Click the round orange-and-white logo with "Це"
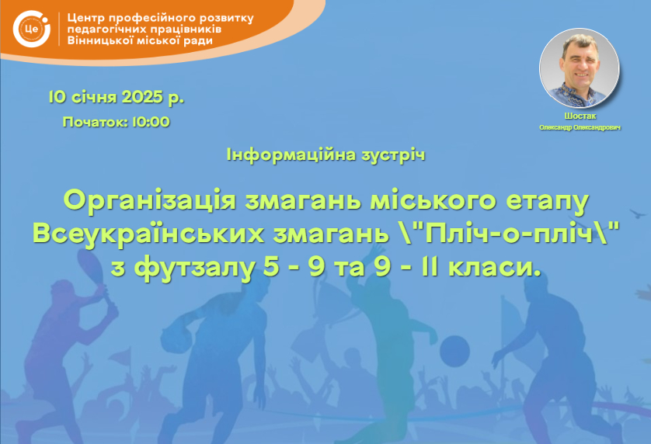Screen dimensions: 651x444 [32, 29]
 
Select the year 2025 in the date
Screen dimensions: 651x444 [142, 97]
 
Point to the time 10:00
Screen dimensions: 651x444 [151, 122]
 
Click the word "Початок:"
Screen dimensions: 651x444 [96, 122]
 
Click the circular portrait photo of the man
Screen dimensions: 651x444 [580, 68]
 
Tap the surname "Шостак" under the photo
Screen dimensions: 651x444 [580, 116]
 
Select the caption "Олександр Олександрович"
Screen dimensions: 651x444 [580, 127]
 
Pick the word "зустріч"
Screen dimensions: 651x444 [394, 155]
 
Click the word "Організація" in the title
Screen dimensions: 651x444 [150, 200]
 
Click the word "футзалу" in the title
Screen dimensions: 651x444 [194, 267]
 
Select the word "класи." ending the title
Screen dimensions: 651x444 [496, 267]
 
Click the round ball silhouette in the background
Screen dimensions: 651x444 [454, 351]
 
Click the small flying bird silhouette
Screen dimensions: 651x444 [639, 213]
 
